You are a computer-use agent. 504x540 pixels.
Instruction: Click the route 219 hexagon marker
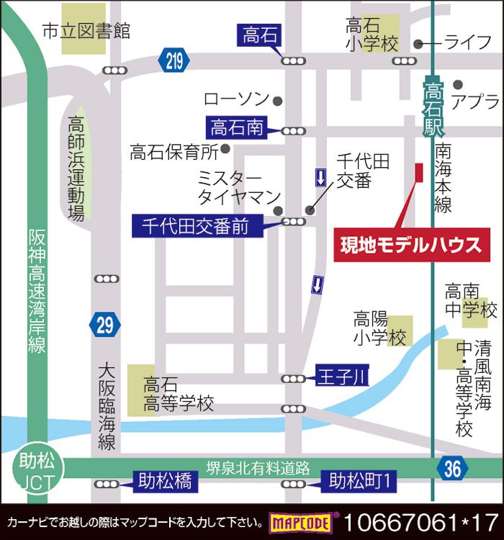click(x=174, y=61)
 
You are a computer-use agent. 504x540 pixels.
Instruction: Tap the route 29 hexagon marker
click(x=105, y=325)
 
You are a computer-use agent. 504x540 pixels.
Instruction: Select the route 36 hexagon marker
click(x=451, y=469)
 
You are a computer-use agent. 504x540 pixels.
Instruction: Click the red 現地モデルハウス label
click(x=411, y=245)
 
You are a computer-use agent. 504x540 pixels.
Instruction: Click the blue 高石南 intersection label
click(x=237, y=129)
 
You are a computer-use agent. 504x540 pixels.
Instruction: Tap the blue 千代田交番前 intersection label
click(x=195, y=226)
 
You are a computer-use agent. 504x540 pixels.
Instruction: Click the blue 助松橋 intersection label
click(x=165, y=481)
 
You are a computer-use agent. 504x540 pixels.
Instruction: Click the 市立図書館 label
click(x=86, y=31)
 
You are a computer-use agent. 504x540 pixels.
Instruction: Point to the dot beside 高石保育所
click(x=226, y=149)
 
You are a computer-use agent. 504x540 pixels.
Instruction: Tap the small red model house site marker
click(x=418, y=174)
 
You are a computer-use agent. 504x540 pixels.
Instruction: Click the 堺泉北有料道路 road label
click(x=257, y=467)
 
